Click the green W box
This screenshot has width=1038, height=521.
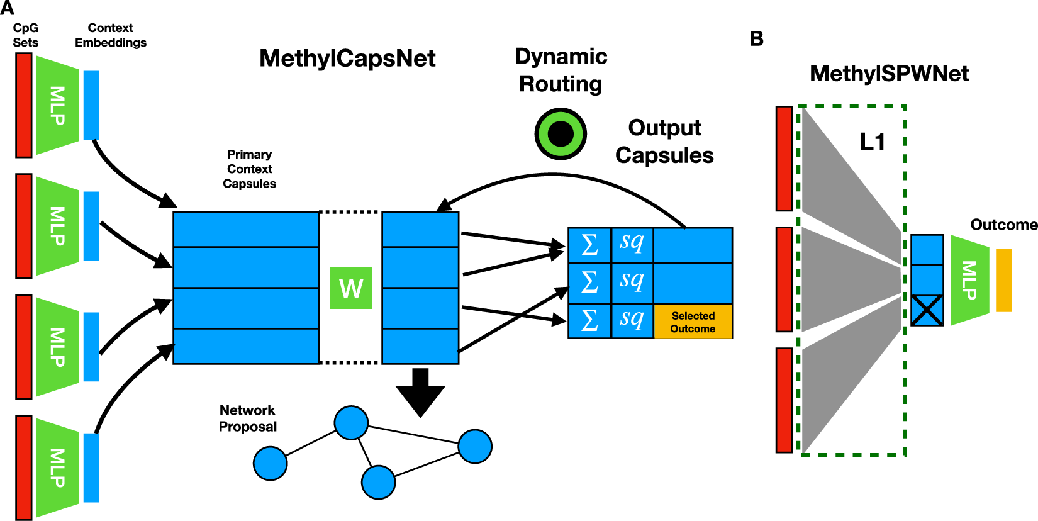click(351, 288)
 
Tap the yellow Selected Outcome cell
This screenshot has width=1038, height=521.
click(693, 322)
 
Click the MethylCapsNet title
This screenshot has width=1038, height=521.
click(347, 59)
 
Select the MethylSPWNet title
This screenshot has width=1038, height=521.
click(889, 74)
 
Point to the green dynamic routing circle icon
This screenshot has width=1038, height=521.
click(561, 133)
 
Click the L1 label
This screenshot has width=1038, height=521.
click(873, 142)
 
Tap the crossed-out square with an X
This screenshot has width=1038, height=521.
click(927, 310)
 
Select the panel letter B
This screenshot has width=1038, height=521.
click(757, 39)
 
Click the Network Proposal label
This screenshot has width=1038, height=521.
click(248, 418)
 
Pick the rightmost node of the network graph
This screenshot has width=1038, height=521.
click(475, 446)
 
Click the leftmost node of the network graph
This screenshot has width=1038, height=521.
click(271, 464)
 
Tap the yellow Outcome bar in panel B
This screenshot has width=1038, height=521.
click(1004, 280)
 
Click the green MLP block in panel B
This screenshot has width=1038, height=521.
click(969, 280)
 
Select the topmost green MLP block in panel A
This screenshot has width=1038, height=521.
click(57, 105)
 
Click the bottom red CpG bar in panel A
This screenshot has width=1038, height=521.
click(24, 467)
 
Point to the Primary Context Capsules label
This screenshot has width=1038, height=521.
click(249, 169)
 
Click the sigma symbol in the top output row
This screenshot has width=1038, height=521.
click(589, 245)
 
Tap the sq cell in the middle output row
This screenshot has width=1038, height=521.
click(632, 281)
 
